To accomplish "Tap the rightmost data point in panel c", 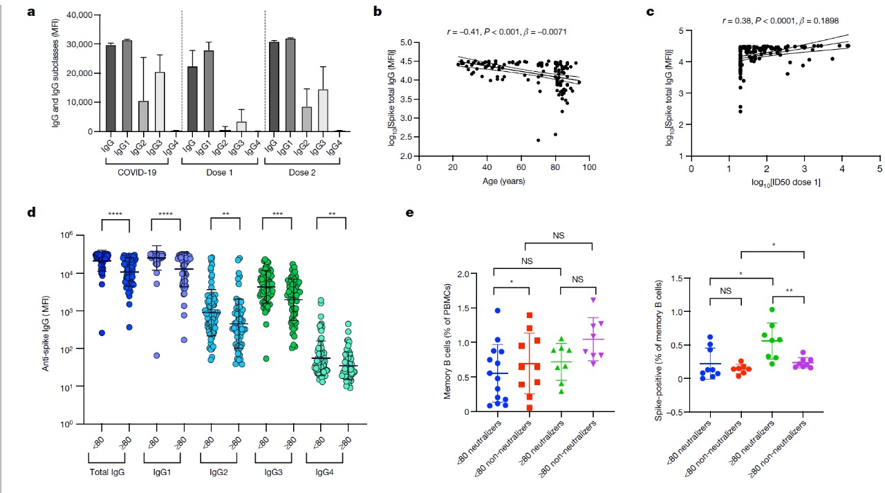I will click(x=848, y=46).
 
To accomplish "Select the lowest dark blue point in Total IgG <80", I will click(x=102, y=333).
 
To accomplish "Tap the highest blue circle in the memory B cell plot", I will click(x=497, y=311).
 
